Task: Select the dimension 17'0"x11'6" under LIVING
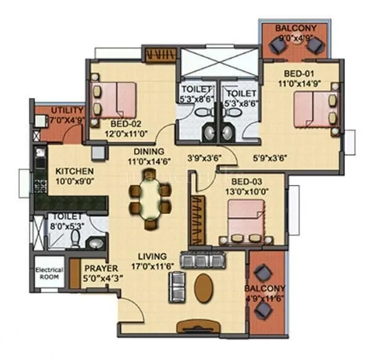point(152,266)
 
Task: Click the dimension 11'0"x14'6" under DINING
point(148,162)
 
